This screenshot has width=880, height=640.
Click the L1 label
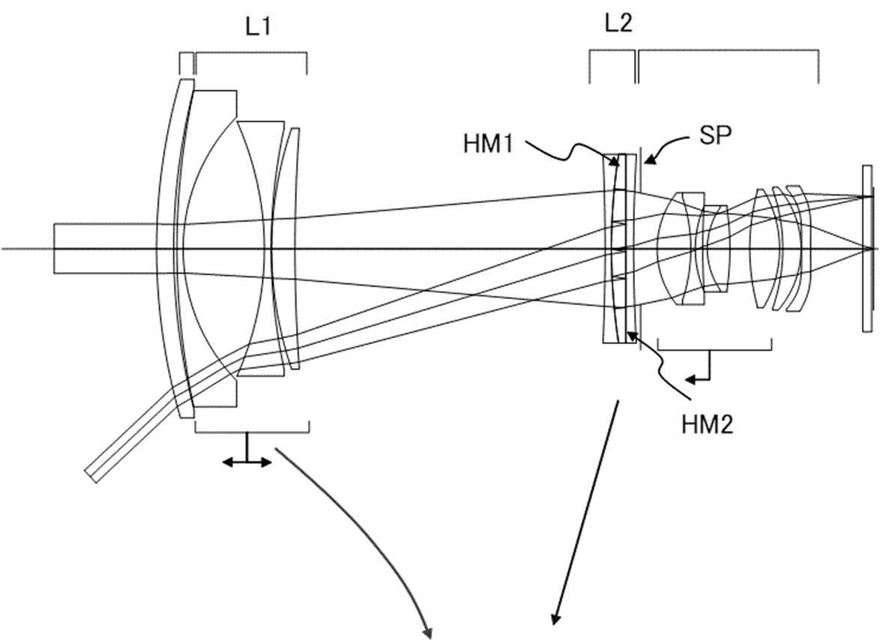tap(258, 27)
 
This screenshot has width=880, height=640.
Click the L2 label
tap(618, 23)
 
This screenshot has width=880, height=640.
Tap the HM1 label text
tap(488, 144)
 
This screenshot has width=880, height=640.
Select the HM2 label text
tap(707, 425)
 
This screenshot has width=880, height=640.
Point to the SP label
tap(712, 136)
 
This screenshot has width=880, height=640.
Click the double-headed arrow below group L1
tap(247, 462)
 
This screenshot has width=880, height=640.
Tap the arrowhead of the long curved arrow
tap(427, 632)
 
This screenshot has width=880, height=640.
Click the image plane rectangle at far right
tap(868, 249)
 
